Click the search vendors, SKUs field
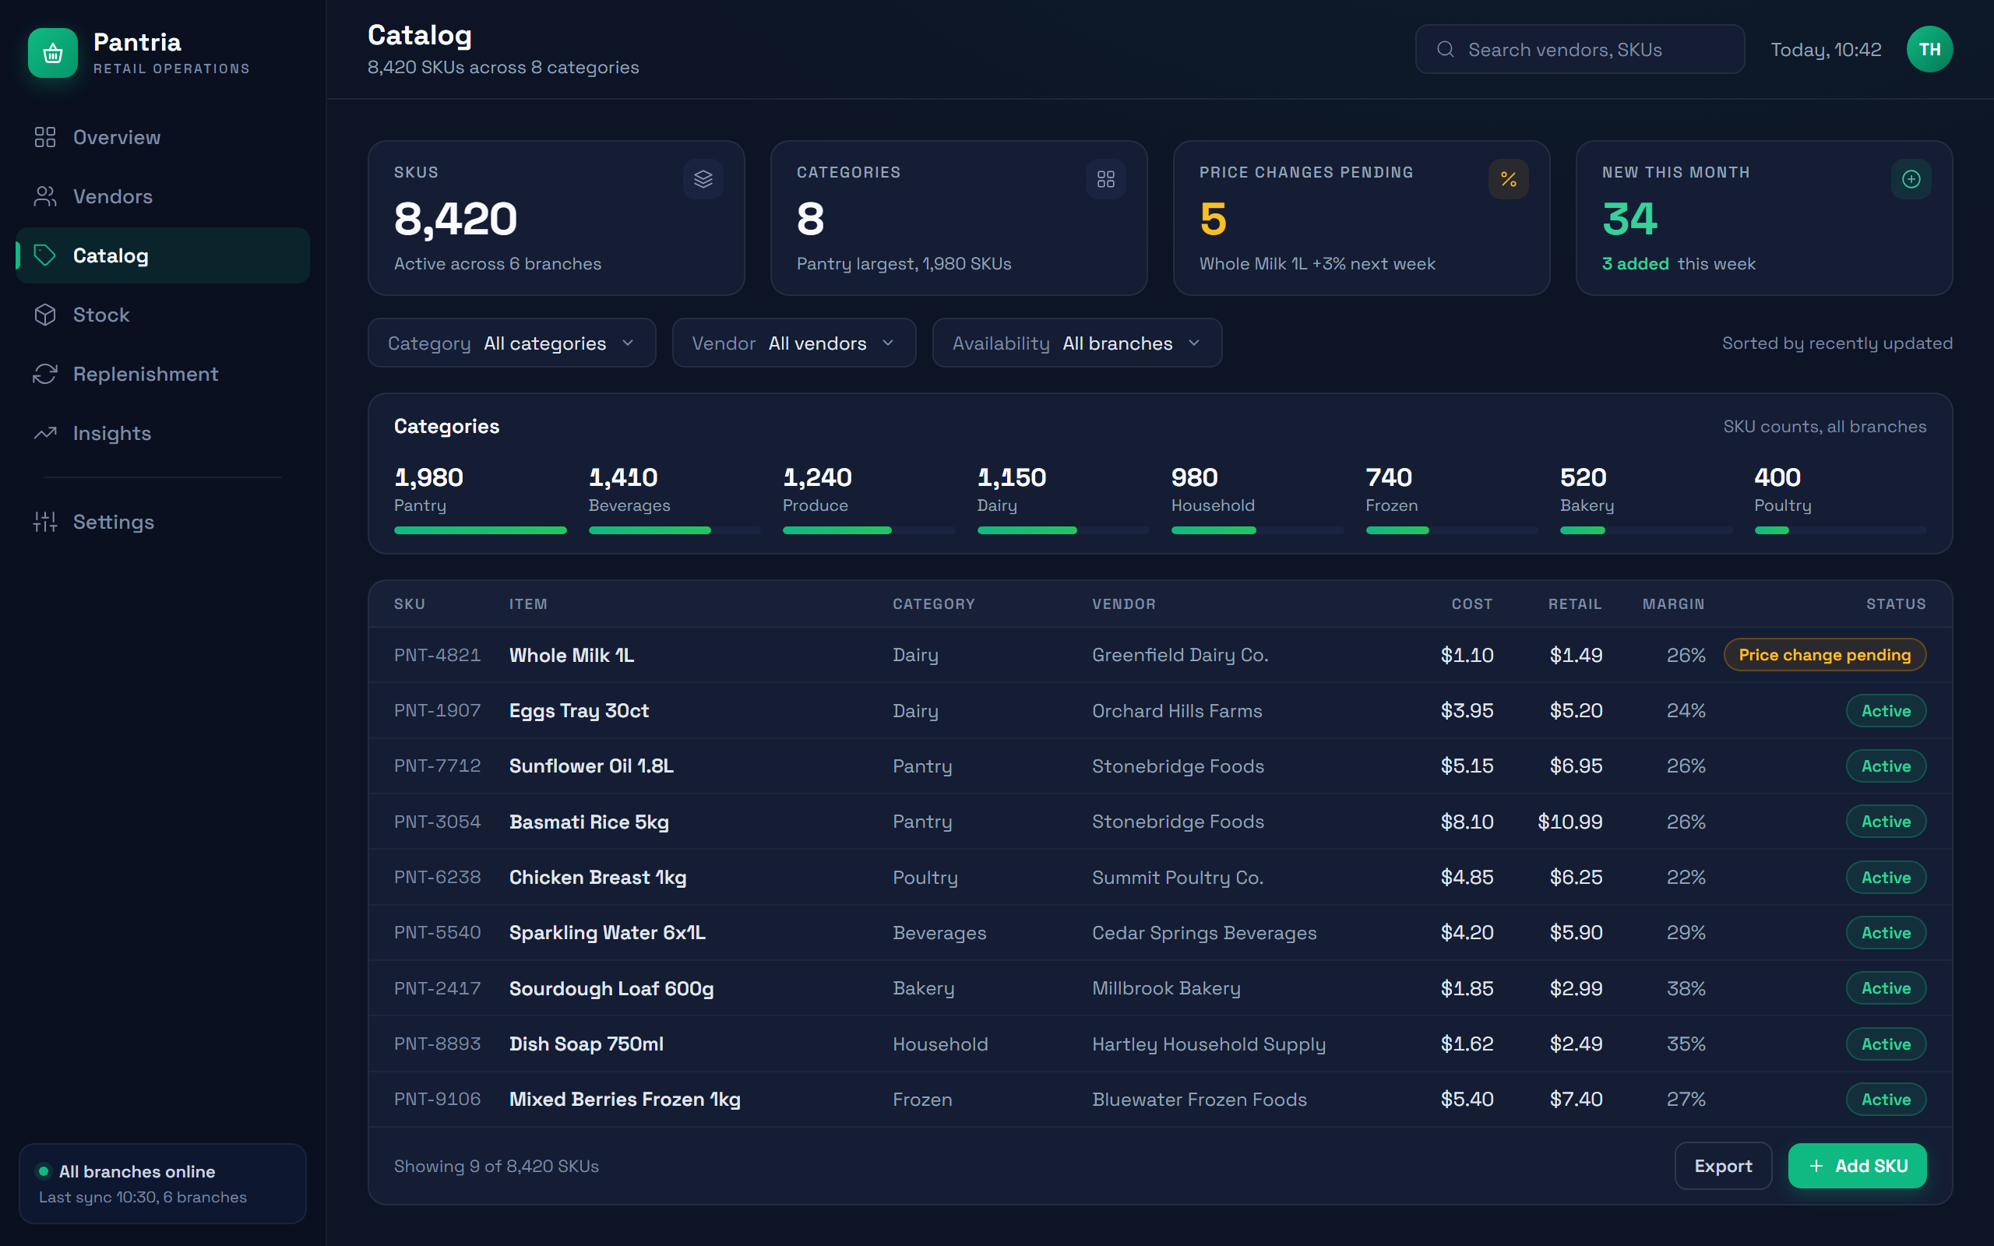click(x=1580, y=49)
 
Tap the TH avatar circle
click(x=1929, y=49)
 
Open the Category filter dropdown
click(x=512, y=343)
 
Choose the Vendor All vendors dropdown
click(x=794, y=343)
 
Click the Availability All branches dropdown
click(x=1077, y=343)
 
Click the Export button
click(x=1723, y=1166)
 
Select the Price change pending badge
click(x=1824, y=655)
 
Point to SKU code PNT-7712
click(x=438, y=766)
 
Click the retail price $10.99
click(x=1569, y=822)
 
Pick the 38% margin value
click(x=1686, y=988)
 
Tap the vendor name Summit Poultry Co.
click(x=1178, y=878)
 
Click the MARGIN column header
click(x=1673, y=604)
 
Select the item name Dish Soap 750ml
click(x=586, y=1044)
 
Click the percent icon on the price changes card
click(x=1508, y=179)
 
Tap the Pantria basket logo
click(x=53, y=53)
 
